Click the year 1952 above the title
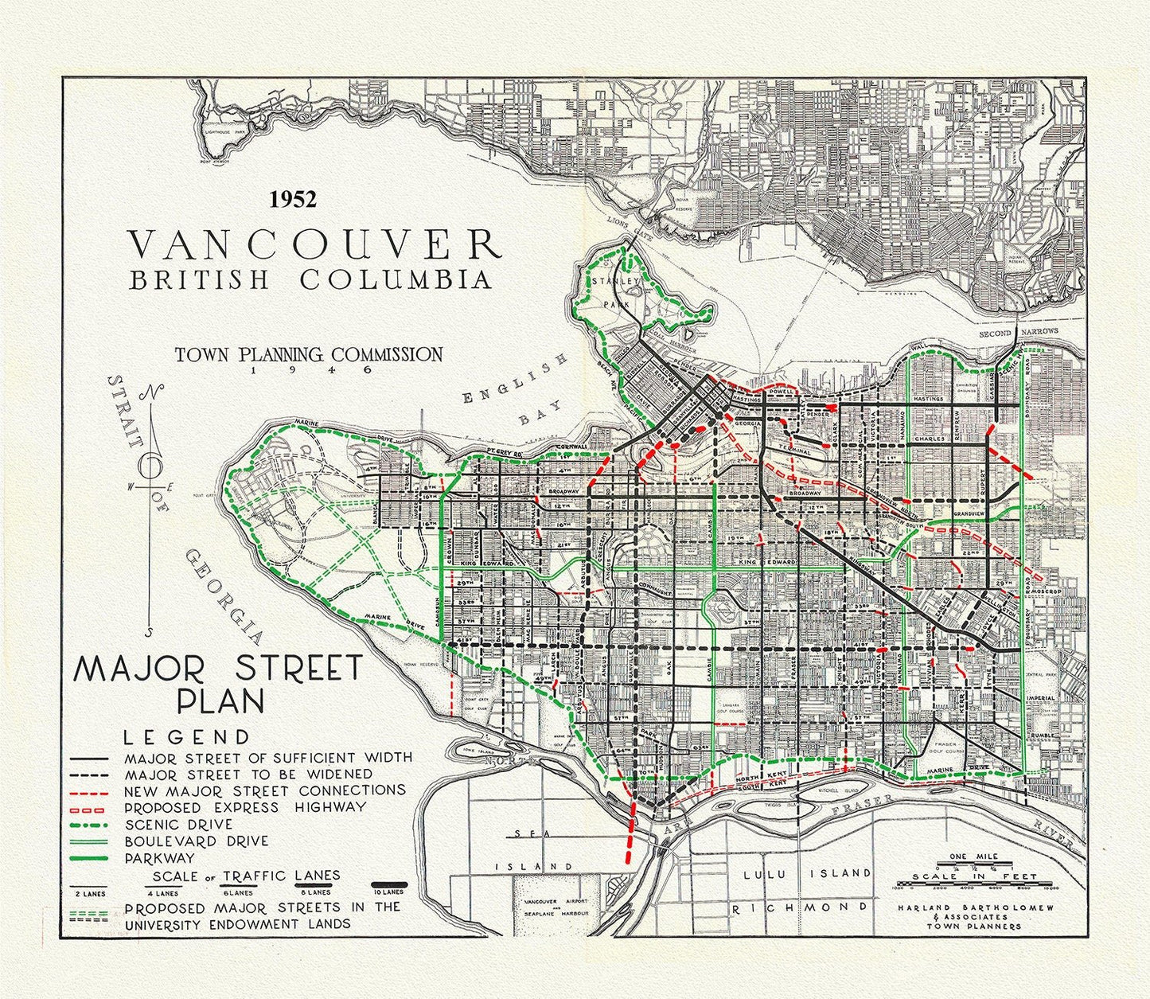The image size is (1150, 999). click(293, 199)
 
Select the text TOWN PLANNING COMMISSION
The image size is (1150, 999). click(309, 354)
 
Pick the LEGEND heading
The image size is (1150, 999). click(186, 737)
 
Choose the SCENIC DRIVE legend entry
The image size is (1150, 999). click(178, 824)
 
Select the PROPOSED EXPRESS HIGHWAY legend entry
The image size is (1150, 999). click(245, 807)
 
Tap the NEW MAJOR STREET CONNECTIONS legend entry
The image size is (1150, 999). click(264, 790)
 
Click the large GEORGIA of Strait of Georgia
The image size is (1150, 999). click(221, 595)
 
